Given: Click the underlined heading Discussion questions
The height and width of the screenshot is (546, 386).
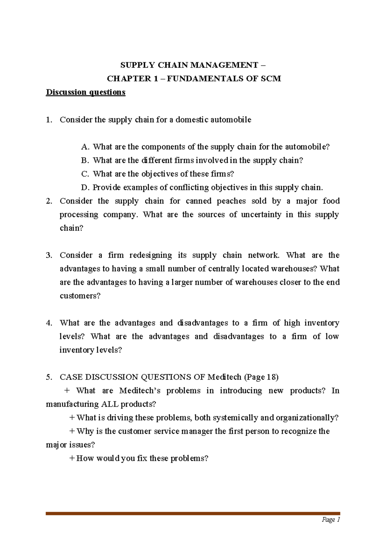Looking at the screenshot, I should (86, 92).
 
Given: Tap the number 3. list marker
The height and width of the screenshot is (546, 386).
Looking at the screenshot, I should (49, 255).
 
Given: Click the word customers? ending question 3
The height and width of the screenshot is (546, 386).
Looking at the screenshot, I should (80, 296).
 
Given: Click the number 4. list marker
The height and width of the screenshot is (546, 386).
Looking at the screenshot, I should (49, 323).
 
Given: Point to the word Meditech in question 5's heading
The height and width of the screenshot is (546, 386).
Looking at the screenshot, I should (224, 377).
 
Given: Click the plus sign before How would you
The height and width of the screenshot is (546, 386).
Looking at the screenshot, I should (72, 458).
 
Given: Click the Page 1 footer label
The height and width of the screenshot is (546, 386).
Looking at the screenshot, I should (331, 520).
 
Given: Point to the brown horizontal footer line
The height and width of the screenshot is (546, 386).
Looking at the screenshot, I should (193, 513).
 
